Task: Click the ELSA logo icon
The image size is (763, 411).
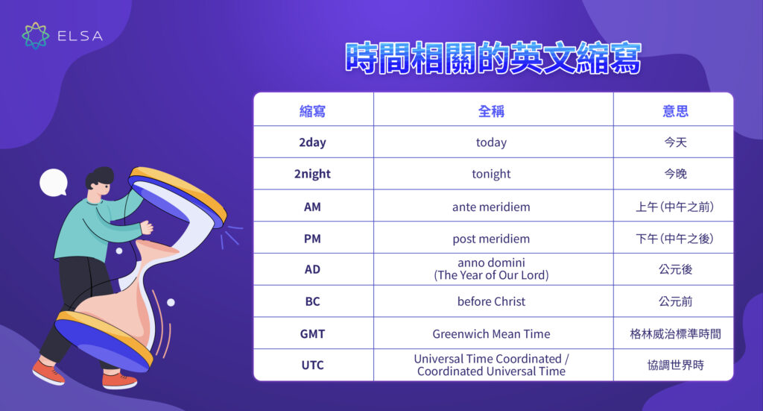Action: pos(36,36)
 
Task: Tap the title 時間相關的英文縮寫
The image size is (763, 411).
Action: pos(493,58)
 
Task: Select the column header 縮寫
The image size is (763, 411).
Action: pos(312,111)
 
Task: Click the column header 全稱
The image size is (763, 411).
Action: pos(492,111)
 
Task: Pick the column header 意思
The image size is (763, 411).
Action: pos(675,111)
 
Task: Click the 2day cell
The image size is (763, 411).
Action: pos(312,142)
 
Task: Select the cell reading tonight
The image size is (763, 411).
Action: pos(492,174)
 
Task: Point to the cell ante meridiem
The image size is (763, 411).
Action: pos(492,207)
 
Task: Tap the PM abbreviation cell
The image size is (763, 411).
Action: pos(312,239)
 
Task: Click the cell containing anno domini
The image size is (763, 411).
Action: pos(492,269)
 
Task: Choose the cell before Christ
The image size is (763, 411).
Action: pos(492,301)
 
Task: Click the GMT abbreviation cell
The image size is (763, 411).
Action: pos(312,333)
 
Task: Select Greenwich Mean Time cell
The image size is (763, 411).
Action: pos(492,333)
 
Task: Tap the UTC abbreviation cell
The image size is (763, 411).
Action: pos(312,365)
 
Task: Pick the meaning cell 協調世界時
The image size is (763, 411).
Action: pos(675,365)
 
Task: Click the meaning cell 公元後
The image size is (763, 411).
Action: pos(675,269)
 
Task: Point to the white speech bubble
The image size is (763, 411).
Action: pos(54,183)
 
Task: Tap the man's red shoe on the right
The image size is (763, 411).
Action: pos(120,381)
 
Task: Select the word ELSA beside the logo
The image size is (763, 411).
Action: pos(80,36)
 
